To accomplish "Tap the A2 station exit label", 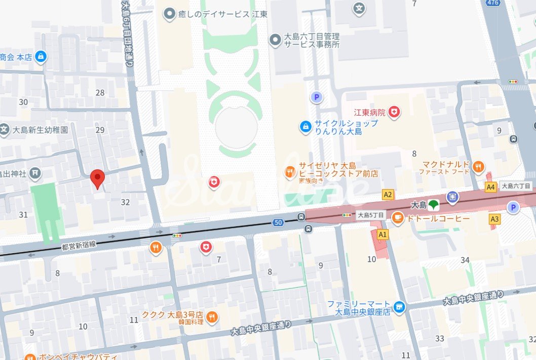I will pos(388,194).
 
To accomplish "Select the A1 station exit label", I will pos(382,234).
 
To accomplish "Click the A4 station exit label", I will pos(490,187).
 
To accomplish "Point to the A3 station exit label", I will pos(494,219).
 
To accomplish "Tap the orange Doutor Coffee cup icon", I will pos(398,218).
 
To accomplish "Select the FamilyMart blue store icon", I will pos(400,307).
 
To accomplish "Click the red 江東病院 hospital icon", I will pos(394,112).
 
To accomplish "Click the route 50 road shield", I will pos(277,222).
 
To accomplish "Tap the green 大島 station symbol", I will pos(433,205).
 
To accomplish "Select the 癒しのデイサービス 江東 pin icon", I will pos(168,14).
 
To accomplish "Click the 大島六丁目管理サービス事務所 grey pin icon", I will pos(275,40).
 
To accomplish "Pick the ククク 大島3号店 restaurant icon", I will pos(212,317).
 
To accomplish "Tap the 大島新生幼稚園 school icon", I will pos(5,130).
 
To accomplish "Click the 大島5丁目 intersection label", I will pos(370,215).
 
